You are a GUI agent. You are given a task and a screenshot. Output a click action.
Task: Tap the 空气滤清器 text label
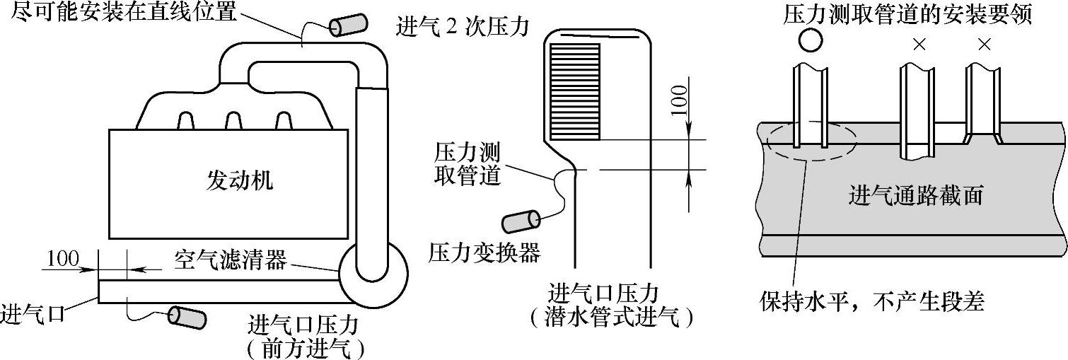[230, 261]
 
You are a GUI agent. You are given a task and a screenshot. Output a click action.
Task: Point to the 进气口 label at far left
[33, 313]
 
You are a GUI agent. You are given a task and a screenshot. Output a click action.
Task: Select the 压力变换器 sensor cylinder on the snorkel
[521, 221]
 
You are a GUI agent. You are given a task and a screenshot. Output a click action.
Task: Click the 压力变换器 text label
[484, 253]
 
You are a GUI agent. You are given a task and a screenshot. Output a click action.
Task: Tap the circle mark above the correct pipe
[810, 41]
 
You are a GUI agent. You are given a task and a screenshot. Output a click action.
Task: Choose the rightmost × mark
[984, 45]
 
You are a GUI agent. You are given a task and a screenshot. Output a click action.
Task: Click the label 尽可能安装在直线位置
[129, 12]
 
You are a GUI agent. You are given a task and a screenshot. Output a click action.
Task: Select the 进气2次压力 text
[464, 29]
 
